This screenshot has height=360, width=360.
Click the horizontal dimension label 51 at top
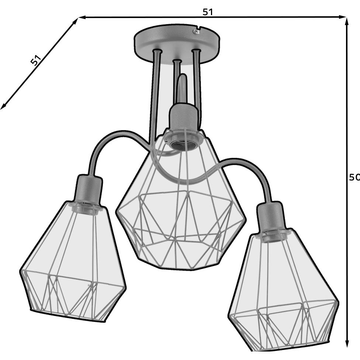pos(208,12)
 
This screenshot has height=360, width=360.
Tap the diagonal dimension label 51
pos(36,60)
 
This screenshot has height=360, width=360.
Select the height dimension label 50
pos(354,177)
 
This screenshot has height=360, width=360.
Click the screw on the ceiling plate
pos(195,32)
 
